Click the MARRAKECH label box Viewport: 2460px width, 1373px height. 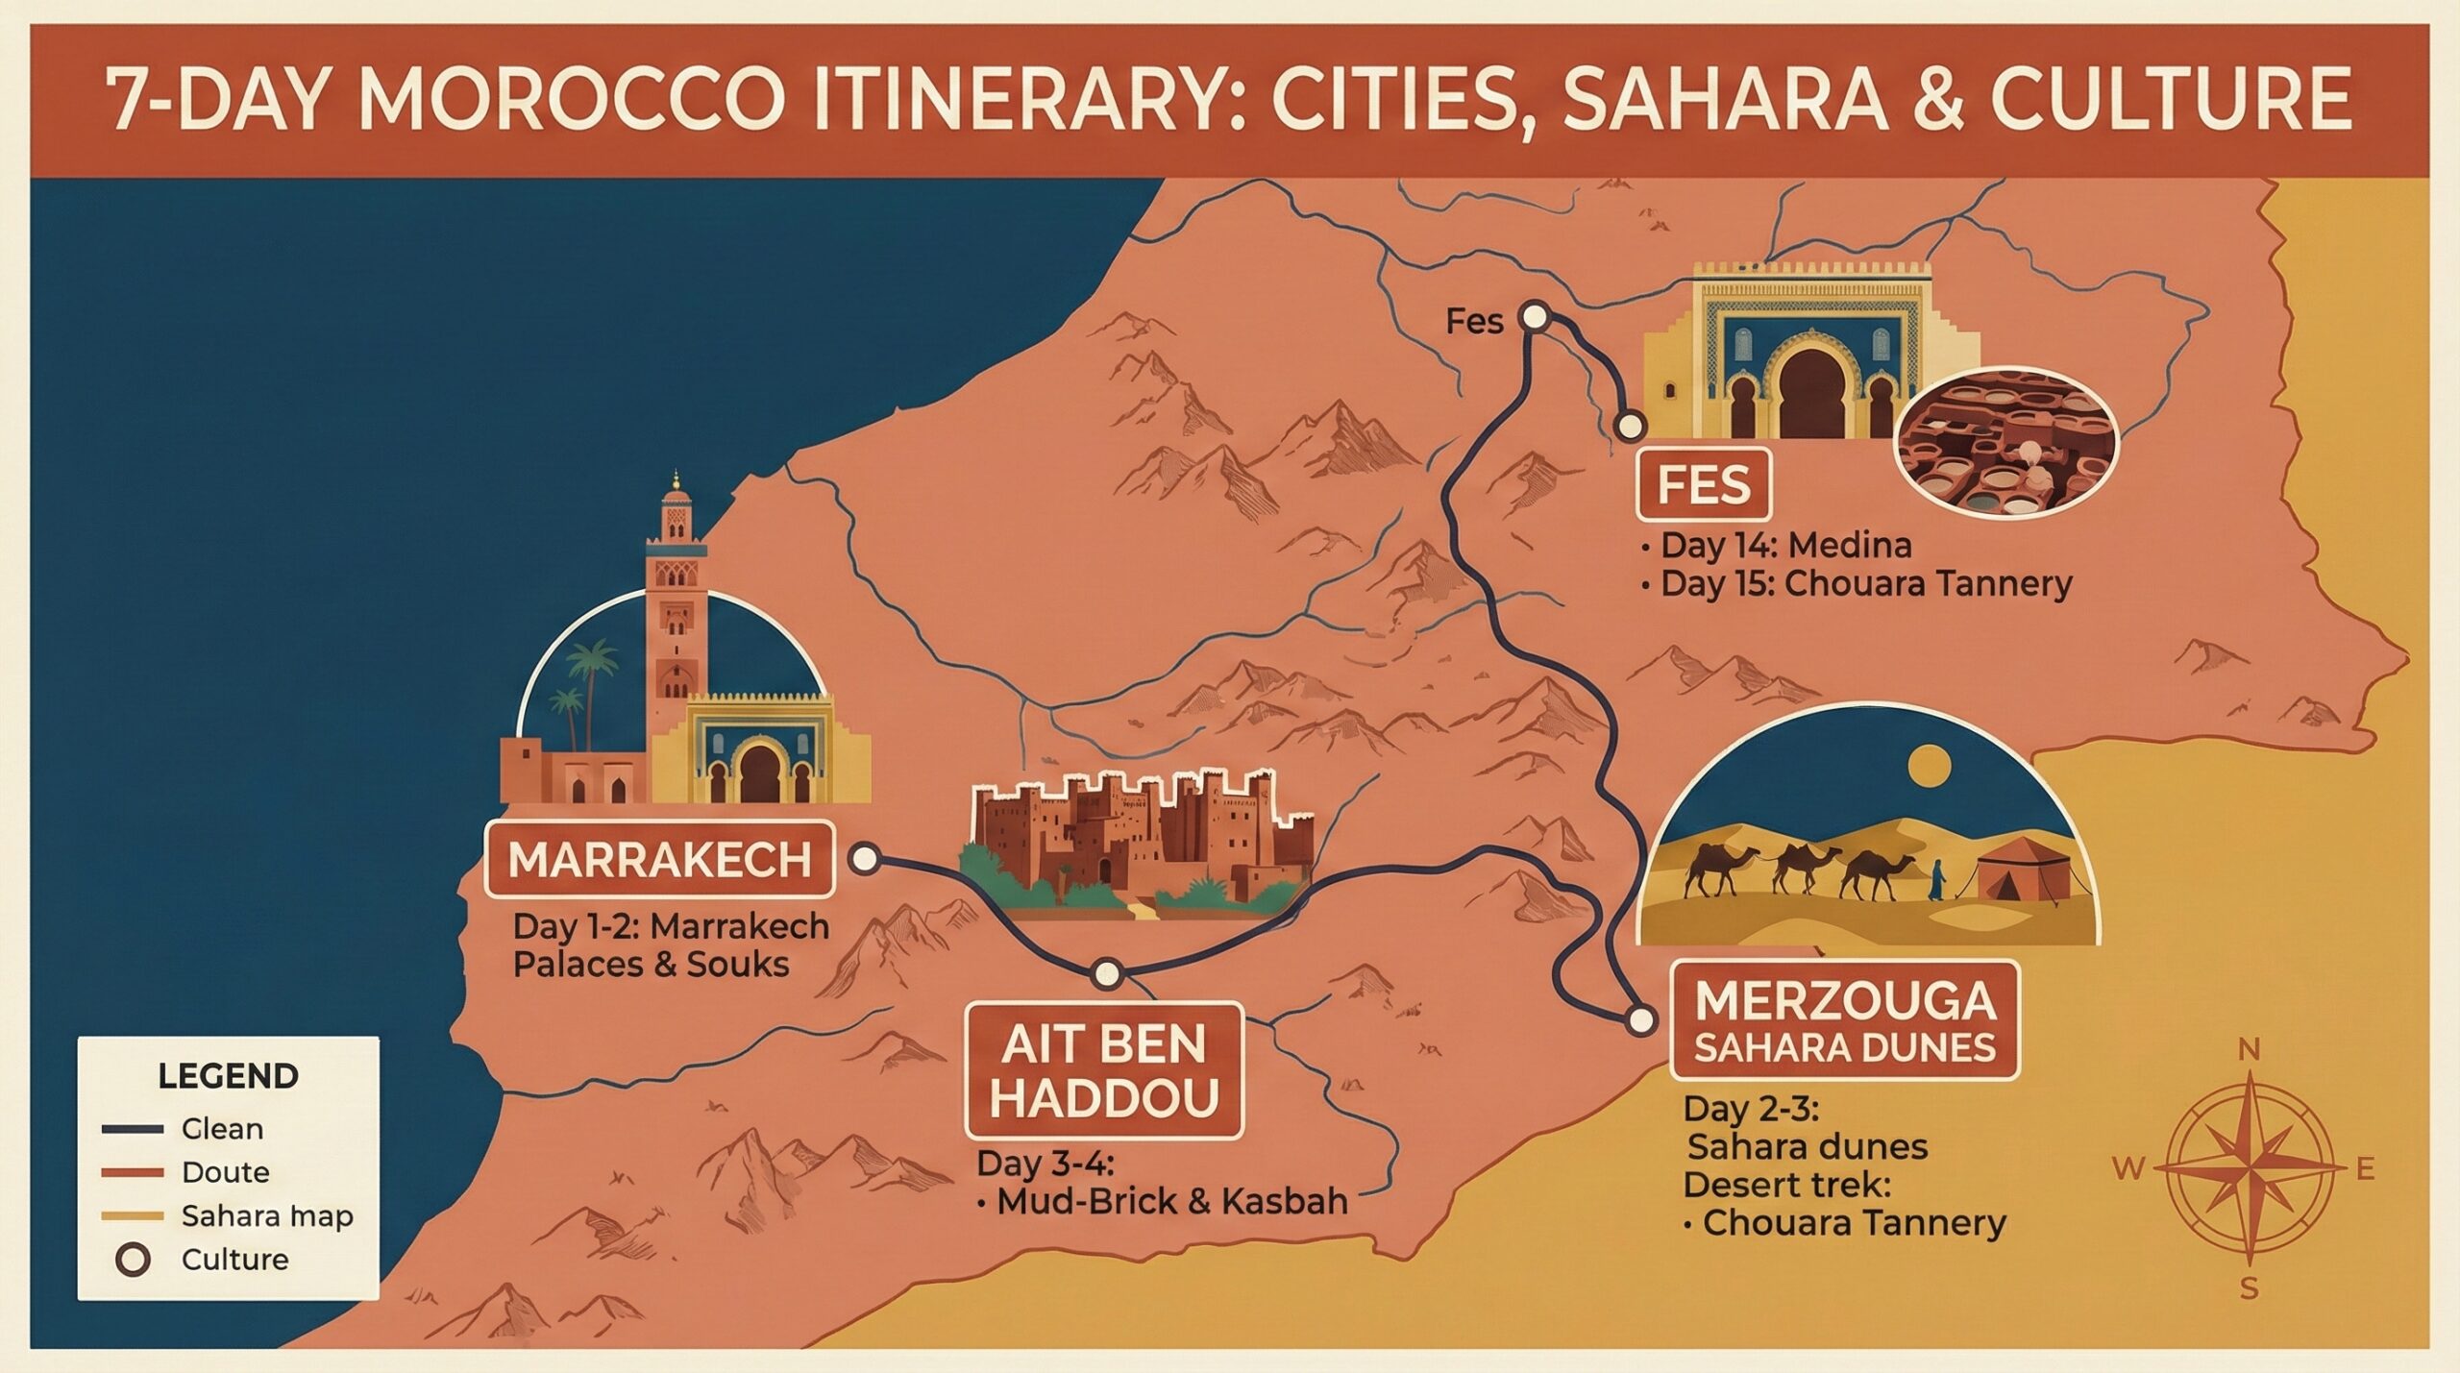(659, 859)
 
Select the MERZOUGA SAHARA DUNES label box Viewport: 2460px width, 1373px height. (1845, 1021)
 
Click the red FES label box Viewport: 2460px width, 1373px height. (1704, 486)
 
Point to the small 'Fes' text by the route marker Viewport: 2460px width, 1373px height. (1474, 321)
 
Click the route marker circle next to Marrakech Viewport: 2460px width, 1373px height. (865, 858)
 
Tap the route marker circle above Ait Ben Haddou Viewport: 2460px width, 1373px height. (1107, 973)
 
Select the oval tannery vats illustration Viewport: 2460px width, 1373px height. (2006, 447)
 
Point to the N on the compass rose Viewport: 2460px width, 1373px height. (2249, 1050)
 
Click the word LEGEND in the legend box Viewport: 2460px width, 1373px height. (228, 1076)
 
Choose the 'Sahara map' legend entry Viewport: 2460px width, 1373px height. (266, 1216)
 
